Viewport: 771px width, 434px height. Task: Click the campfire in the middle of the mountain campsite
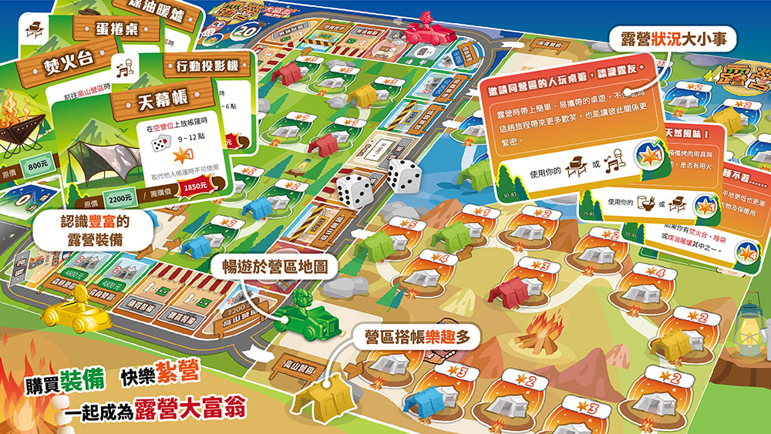532,338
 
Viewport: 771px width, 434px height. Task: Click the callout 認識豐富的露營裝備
96,230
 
